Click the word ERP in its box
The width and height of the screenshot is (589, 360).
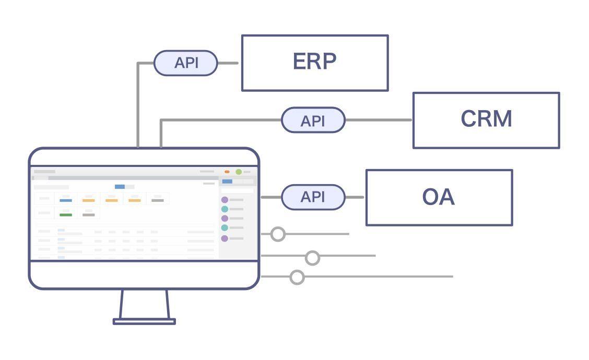[314, 61]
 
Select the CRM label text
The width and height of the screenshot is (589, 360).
[486, 118]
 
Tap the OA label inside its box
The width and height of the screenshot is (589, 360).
[439, 197]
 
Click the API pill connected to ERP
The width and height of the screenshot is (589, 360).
[185, 63]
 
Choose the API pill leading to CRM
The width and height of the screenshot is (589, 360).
[313, 120]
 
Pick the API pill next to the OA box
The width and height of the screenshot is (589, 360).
[313, 197]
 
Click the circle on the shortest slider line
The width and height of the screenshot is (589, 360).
[278, 234]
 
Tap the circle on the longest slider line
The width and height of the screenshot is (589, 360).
[297, 277]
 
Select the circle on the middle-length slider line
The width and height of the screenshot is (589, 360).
[312, 258]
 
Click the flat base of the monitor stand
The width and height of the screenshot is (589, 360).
[144, 321]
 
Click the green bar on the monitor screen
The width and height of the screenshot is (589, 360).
[66, 215]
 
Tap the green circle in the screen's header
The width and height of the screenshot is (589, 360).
[239, 172]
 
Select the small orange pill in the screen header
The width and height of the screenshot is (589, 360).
[227, 172]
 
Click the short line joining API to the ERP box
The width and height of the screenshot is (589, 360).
[228, 63]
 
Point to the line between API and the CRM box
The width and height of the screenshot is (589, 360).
[379, 120]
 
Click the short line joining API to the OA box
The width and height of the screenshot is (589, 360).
[355, 197]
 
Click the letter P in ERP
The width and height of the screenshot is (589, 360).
[329, 61]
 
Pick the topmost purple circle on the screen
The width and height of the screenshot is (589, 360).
[225, 200]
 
